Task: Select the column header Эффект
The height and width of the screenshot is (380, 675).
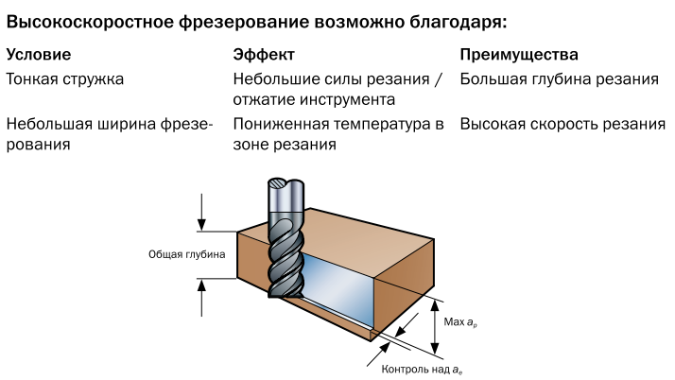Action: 264,55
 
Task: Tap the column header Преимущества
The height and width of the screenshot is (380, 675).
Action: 519,55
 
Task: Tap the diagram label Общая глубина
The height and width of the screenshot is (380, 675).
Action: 187,254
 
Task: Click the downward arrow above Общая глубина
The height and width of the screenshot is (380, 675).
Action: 201,212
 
